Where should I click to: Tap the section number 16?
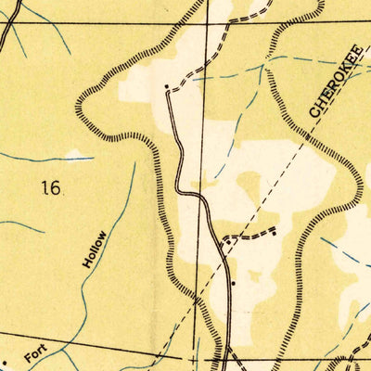[x=50, y=188]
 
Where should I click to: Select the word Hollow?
[x=94, y=249]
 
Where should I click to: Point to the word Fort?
[x=35, y=353]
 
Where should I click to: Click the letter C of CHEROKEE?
[x=314, y=110]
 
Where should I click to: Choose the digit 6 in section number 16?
[x=56, y=188]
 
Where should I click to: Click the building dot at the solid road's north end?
[x=166, y=87]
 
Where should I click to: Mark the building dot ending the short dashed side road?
[x=275, y=229]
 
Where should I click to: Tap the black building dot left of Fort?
[x=6, y=363]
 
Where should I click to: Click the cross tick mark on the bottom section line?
[x=192, y=357]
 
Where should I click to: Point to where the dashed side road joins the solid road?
[x=222, y=240]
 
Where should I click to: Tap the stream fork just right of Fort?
[x=67, y=345]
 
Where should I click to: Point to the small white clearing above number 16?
[x=74, y=153]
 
